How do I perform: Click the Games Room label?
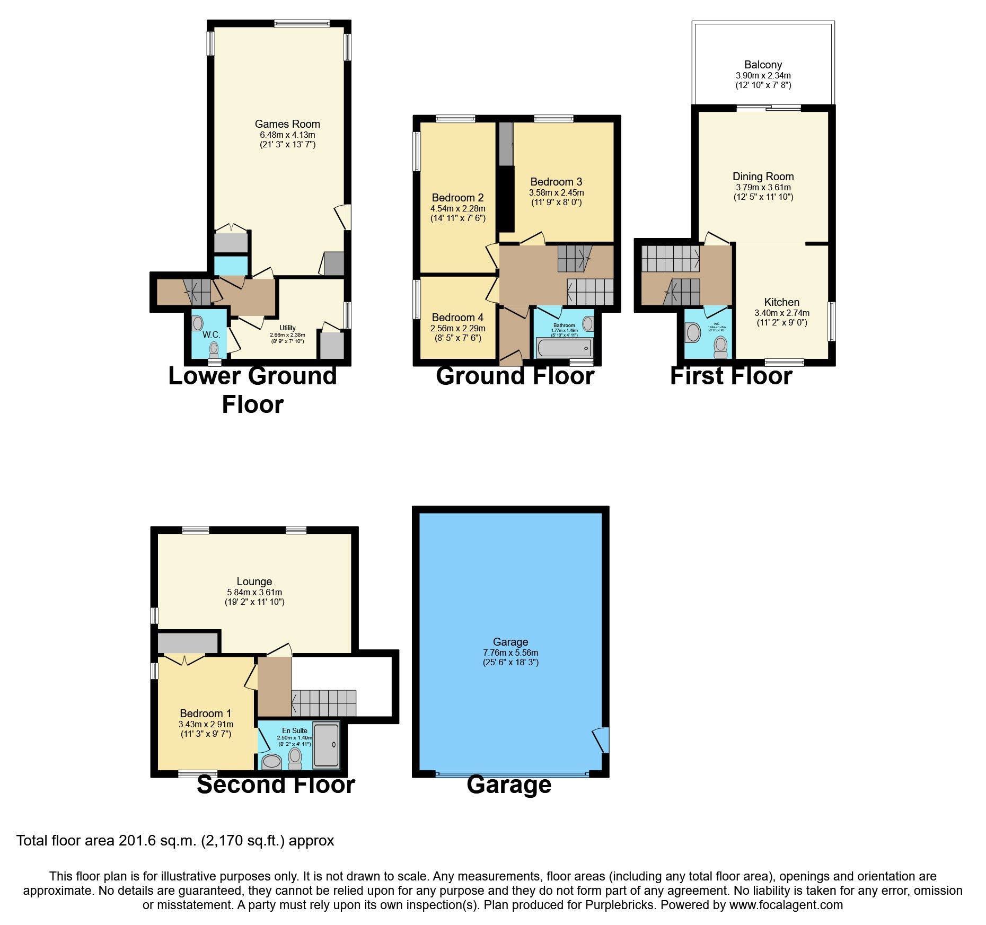pyautogui.click(x=287, y=124)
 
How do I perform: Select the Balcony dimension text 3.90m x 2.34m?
pyautogui.click(x=763, y=75)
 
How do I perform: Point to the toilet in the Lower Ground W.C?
pyautogui.click(x=214, y=350)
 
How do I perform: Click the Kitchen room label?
pyautogui.click(x=781, y=302)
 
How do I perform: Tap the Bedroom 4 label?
pyautogui.click(x=457, y=318)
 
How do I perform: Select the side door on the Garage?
pyautogui.click(x=602, y=739)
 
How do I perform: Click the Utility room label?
pyautogui.click(x=287, y=328)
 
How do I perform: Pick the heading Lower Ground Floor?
pyautogui.click(x=252, y=390)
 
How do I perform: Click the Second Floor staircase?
pyautogui.click(x=323, y=703)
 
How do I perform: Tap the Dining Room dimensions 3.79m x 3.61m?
pyautogui.click(x=763, y=187)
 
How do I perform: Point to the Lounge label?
pyautogui.click(x=254, y=582)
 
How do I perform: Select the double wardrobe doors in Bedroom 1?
pyautogui.click(x=183, y=660)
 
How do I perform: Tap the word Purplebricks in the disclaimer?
pyautogui.click(x=619, y=905)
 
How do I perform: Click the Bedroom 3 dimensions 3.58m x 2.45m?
pyautogui.click(x=556, y=192)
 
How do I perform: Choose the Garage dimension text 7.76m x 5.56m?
pyautogui.click(x=510, y=653)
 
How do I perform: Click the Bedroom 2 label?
pyautogui.click(x=457, y=198)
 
